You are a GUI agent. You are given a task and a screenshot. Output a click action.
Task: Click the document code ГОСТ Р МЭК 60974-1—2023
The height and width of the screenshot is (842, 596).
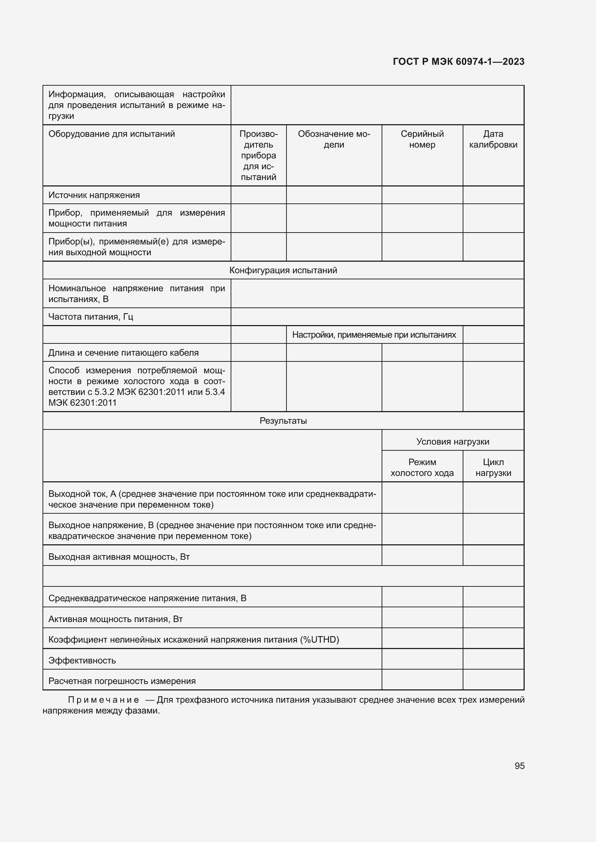click(458, 62)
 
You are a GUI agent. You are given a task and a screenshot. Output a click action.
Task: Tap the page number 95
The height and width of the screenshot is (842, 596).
click(519, 766)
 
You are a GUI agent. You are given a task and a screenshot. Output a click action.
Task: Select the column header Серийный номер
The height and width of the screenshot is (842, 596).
click(422, 139)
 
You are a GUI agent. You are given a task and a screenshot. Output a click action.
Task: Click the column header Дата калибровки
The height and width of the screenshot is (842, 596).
click(493, 139)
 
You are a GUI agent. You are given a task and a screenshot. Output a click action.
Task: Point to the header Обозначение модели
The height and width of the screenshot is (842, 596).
click(334, 139)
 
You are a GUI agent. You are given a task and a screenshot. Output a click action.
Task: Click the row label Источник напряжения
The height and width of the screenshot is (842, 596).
click(94, 195)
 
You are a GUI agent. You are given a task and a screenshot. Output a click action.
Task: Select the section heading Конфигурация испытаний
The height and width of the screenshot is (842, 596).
click(283, 270)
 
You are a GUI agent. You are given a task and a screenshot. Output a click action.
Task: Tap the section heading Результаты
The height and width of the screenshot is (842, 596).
click(283, 420)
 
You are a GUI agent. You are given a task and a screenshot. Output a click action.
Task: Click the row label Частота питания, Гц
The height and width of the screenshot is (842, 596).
click(91, 316)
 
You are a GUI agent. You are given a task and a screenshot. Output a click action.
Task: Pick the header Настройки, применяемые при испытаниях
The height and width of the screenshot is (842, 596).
click(374, 334)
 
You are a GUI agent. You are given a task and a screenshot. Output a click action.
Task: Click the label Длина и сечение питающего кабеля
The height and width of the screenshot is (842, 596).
click(123, 352)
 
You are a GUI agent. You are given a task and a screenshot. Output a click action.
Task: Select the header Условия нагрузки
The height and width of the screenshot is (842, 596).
click(453, 442)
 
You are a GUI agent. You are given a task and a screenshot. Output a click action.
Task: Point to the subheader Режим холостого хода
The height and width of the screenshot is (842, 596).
click(422, 467)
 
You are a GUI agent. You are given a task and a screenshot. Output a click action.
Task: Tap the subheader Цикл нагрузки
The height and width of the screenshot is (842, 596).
click(493, 467)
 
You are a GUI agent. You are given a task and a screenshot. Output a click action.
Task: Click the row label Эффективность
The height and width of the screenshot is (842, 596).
click(82, 661)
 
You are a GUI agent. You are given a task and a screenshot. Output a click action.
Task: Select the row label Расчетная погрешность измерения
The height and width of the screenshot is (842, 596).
click(122, 681)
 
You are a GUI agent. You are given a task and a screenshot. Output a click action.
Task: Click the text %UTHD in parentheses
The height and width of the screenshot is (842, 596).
click(319, 640)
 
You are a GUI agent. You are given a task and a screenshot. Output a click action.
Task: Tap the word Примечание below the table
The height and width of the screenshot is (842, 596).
click(103, 700)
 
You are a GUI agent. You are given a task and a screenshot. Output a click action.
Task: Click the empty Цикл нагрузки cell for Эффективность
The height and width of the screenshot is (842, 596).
click(493, 659)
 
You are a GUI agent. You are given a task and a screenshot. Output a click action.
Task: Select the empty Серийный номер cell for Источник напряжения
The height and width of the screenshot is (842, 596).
click(422, 195)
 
